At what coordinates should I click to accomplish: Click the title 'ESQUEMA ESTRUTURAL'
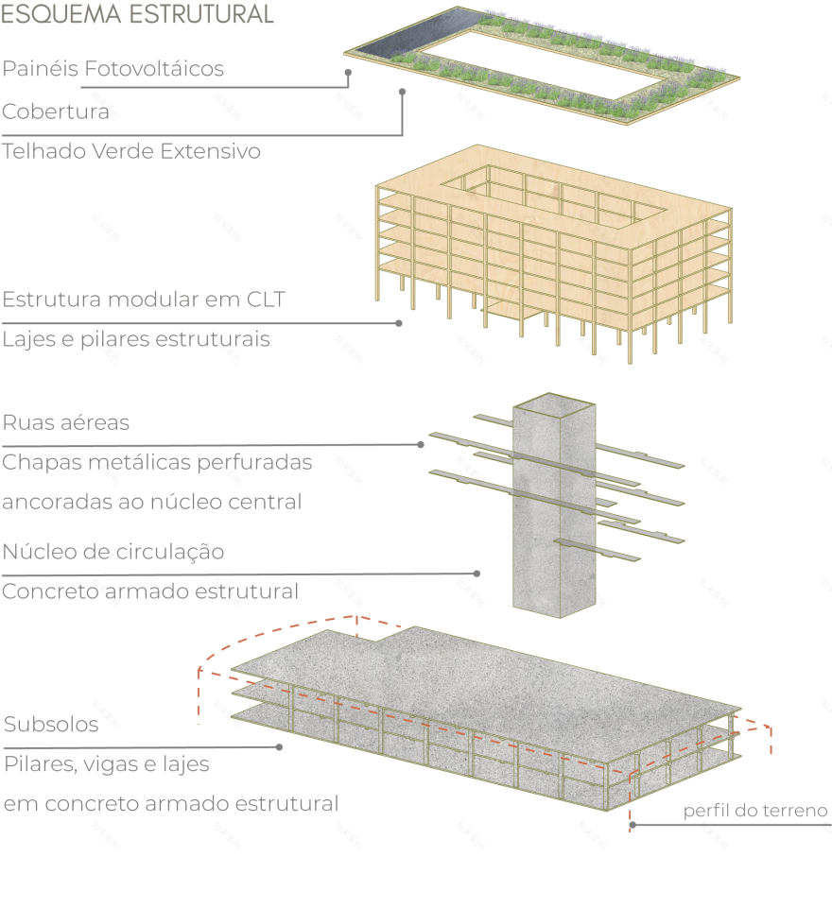click(x=138, y=14)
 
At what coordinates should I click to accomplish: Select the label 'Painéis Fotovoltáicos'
click(x=113, y=69)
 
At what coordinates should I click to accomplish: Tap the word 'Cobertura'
click(x=56, y=111)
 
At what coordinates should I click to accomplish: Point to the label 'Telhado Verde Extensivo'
click(x=131, y=151)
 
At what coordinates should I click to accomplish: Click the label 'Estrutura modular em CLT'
click(x=144, y=300)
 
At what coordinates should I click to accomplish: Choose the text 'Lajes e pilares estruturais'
click(x=136, y=339)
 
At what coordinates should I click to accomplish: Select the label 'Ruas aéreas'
click(x=66, y=422)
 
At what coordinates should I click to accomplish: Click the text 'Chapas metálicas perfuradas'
click(x=157, y=463)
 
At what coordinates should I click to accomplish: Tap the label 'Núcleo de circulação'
click(x=113, y=551)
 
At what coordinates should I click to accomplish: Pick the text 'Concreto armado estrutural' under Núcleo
click(x=150, y=591)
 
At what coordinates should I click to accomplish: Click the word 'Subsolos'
click(x=51, y=725)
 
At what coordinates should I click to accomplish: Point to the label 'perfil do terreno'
click(x=755, y=811)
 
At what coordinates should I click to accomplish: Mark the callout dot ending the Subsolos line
click(x=280, y=746)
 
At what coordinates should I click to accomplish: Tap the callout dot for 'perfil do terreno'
click(x=632, y=825)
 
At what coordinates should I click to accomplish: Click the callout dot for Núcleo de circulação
click(x=477, y=573)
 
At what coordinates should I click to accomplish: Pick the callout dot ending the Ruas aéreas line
click(x=421, y=444)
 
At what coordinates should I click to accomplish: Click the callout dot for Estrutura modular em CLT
click(x=399, y=323)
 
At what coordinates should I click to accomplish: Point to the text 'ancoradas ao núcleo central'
click(x=152, y=502)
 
